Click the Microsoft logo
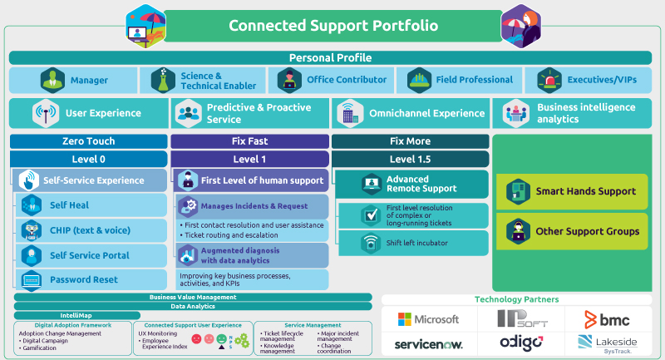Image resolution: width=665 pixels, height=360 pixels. pos(428,319)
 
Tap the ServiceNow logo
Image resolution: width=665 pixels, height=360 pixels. pos(428,343)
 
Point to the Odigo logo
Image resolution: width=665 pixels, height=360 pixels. pos(521,343)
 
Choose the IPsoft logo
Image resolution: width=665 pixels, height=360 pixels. pos(521,319)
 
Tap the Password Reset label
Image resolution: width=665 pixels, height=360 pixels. pos(83,280)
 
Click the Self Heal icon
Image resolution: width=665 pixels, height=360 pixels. pos(32,205)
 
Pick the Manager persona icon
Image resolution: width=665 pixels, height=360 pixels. pos(52,80)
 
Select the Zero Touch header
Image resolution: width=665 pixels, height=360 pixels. pos(88,141)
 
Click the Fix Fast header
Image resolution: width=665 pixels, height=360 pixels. pos(249,141)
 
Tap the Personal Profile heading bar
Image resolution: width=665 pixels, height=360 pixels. pos(330,57)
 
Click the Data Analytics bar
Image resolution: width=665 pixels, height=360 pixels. pos(192,306)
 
